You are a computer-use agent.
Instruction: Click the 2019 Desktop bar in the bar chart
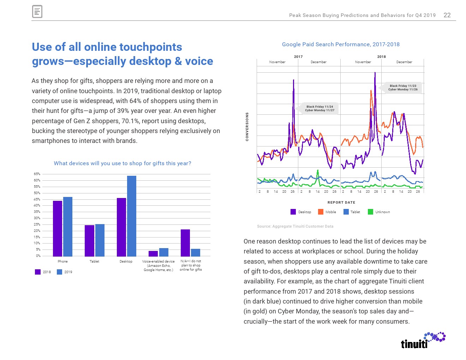point(132,216)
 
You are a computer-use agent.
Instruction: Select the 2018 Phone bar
point(58,228)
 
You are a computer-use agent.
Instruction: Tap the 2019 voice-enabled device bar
point(164,252)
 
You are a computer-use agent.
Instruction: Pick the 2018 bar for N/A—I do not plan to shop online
point(185,243)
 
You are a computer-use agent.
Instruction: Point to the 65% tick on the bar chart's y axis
point(37,174)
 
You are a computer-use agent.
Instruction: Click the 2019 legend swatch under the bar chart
point(60,272)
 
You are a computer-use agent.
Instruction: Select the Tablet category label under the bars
point(94,262)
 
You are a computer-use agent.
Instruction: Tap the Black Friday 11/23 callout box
point(403,88)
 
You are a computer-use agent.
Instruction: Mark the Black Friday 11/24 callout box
point(319,108)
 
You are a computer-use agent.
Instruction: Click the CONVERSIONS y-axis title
point(247,127)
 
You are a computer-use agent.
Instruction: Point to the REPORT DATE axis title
point(341,203)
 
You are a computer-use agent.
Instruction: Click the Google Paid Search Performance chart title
point(341,44)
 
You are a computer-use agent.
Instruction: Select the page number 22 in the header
point(447,15)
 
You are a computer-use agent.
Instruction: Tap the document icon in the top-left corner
point(37,12)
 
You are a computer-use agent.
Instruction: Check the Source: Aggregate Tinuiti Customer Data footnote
point(295,227)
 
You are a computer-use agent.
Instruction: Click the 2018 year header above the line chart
point(381,56)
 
